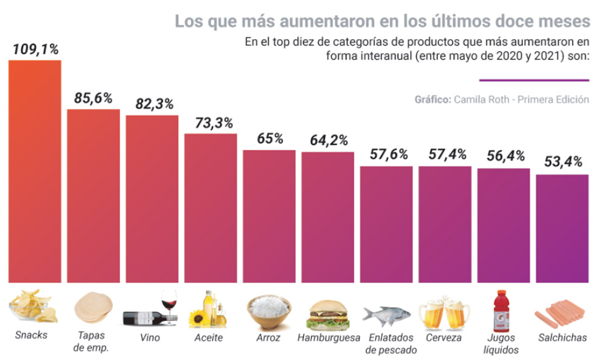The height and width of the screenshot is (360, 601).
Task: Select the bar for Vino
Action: (x=151, y=198)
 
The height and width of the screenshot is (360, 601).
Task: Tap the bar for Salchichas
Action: (x=563, y=228)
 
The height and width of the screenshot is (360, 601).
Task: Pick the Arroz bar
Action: (x=269, y=216)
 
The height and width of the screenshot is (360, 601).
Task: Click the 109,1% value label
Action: (x=35, y=49)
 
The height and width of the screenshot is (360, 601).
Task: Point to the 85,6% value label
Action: (x=93, y=98)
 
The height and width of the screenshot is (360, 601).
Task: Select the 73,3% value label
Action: (x=210, y=123)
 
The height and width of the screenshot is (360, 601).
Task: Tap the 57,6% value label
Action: (x=386, y=154)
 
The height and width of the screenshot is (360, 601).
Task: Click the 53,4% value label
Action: (x=563, y=162)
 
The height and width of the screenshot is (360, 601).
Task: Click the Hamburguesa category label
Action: (x=328, y=337)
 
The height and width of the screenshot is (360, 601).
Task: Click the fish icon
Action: (x=386, y=314)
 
